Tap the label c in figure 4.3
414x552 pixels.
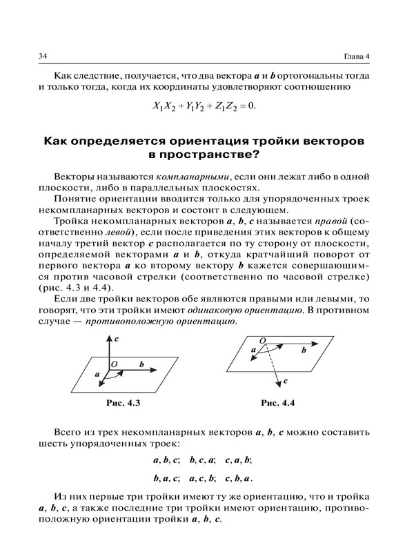(x=117, y=339)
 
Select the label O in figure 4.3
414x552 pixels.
(x=114, y=362)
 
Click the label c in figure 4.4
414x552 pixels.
(x=285, y=380)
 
